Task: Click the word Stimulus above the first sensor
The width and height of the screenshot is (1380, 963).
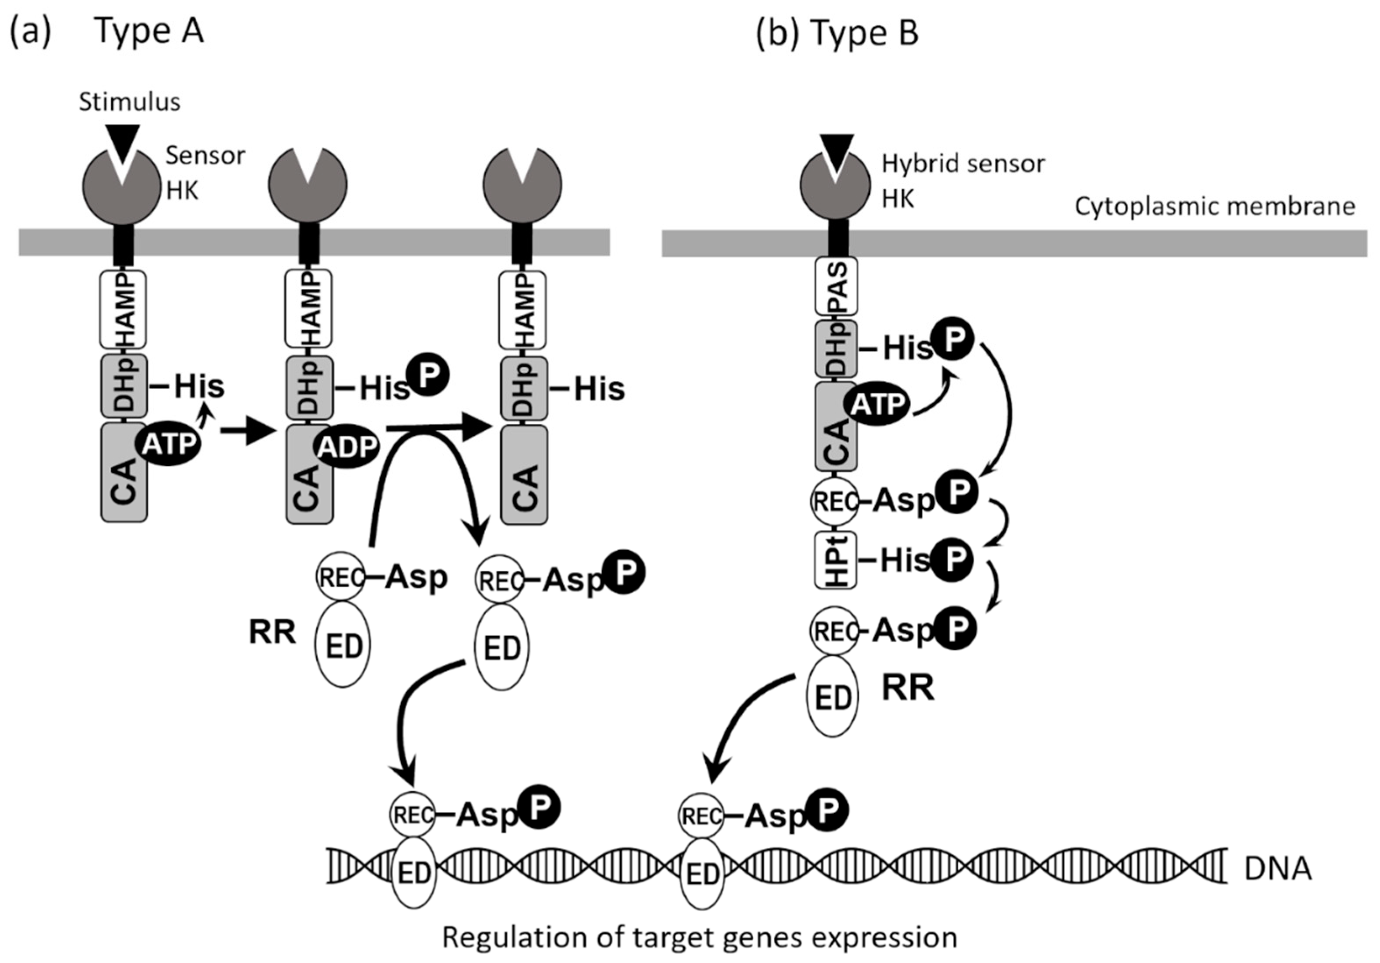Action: (129, 102)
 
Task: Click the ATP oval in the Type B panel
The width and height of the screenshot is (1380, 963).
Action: (878, 404)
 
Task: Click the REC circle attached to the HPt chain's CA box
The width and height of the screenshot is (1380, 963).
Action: (835, 501)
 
